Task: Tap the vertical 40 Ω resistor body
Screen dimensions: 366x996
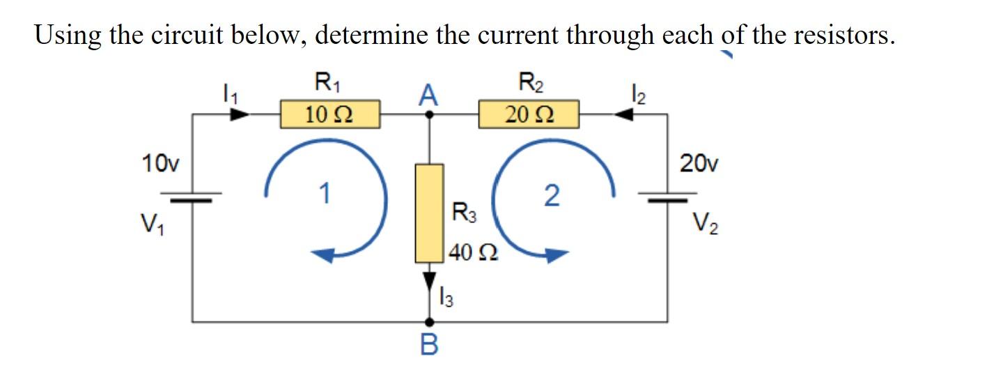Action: (430, 213)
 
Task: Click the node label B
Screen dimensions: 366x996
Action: (430, 344)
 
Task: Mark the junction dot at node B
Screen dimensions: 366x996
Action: (430, 322)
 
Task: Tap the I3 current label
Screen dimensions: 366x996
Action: (446, 298)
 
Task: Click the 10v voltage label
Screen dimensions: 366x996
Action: (159, 165)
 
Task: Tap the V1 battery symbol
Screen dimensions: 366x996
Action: (192, 198)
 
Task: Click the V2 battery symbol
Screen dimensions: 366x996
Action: (668, 198)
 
